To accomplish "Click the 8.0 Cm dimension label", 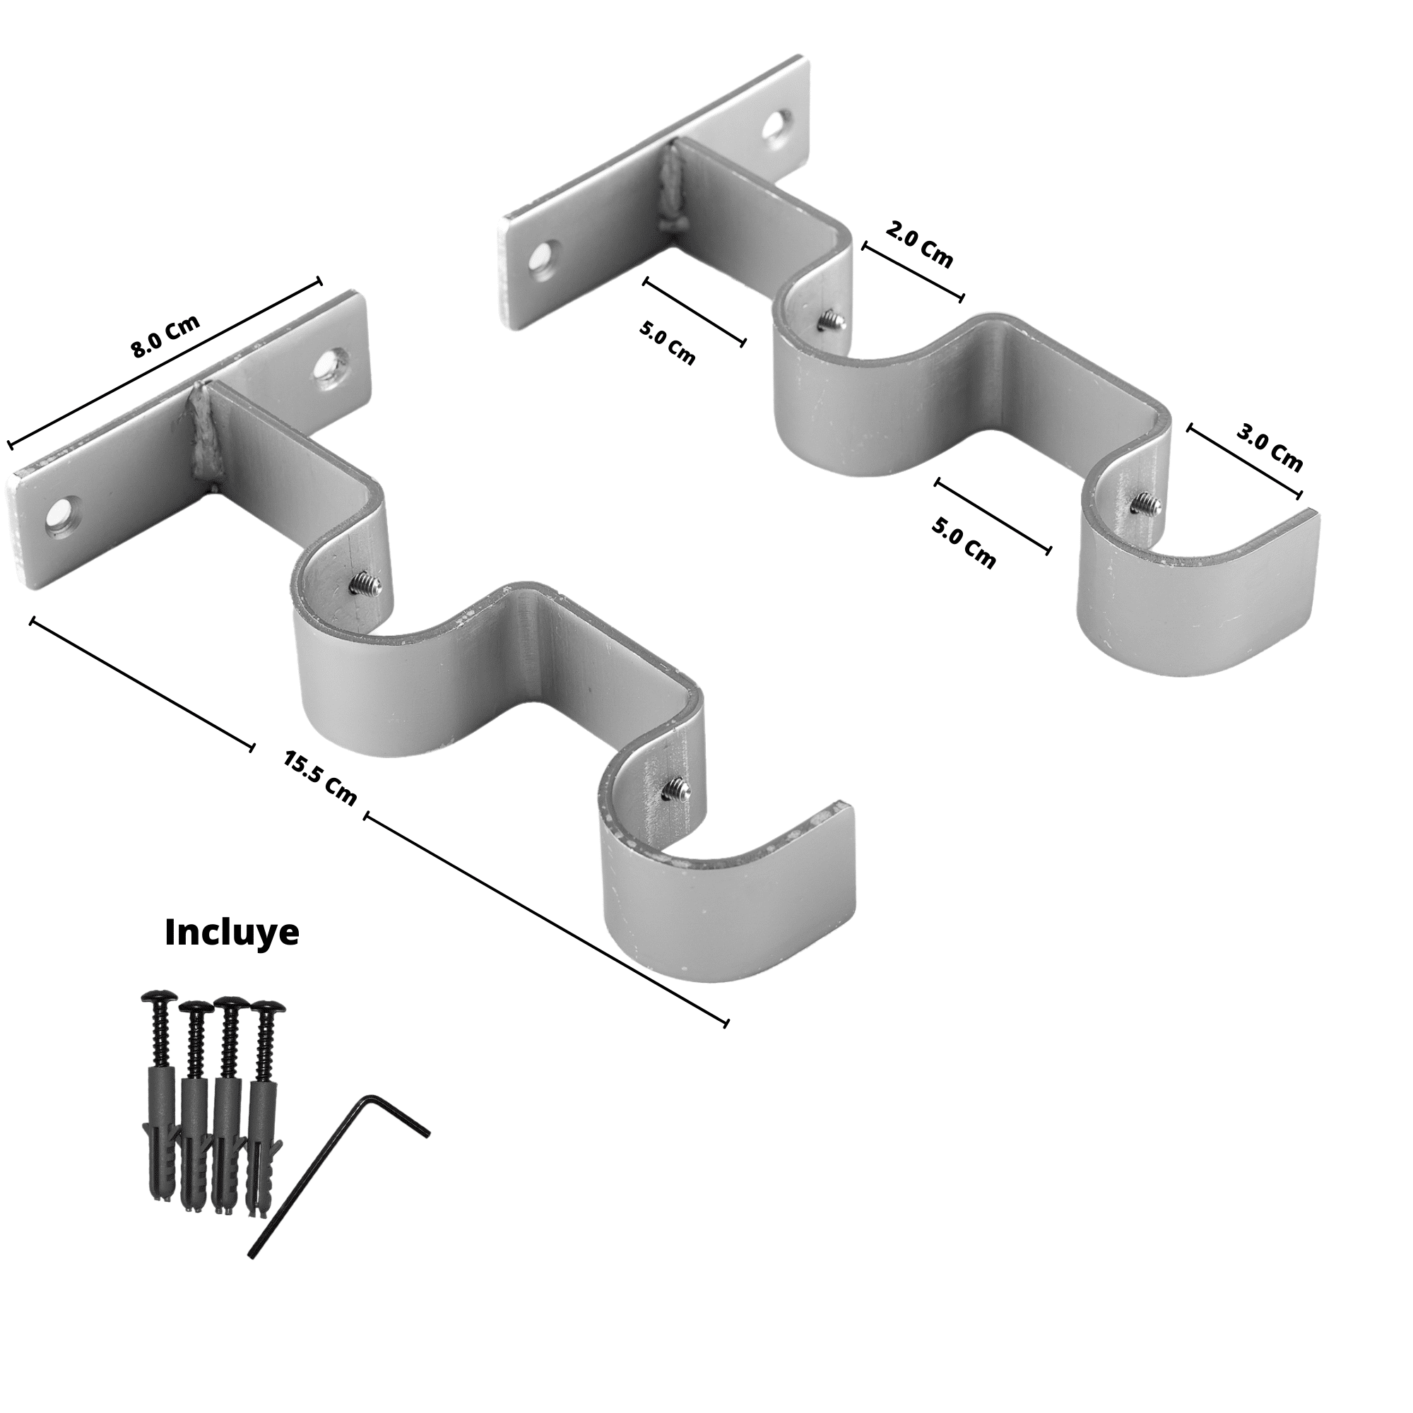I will point(165,337).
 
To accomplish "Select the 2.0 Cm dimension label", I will point(919,245).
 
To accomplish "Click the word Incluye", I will point(232,933).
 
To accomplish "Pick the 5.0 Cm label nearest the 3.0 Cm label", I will point(963,543).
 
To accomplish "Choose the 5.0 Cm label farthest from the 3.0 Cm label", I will point(667,342).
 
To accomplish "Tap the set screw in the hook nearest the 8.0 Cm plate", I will point(363,581).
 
